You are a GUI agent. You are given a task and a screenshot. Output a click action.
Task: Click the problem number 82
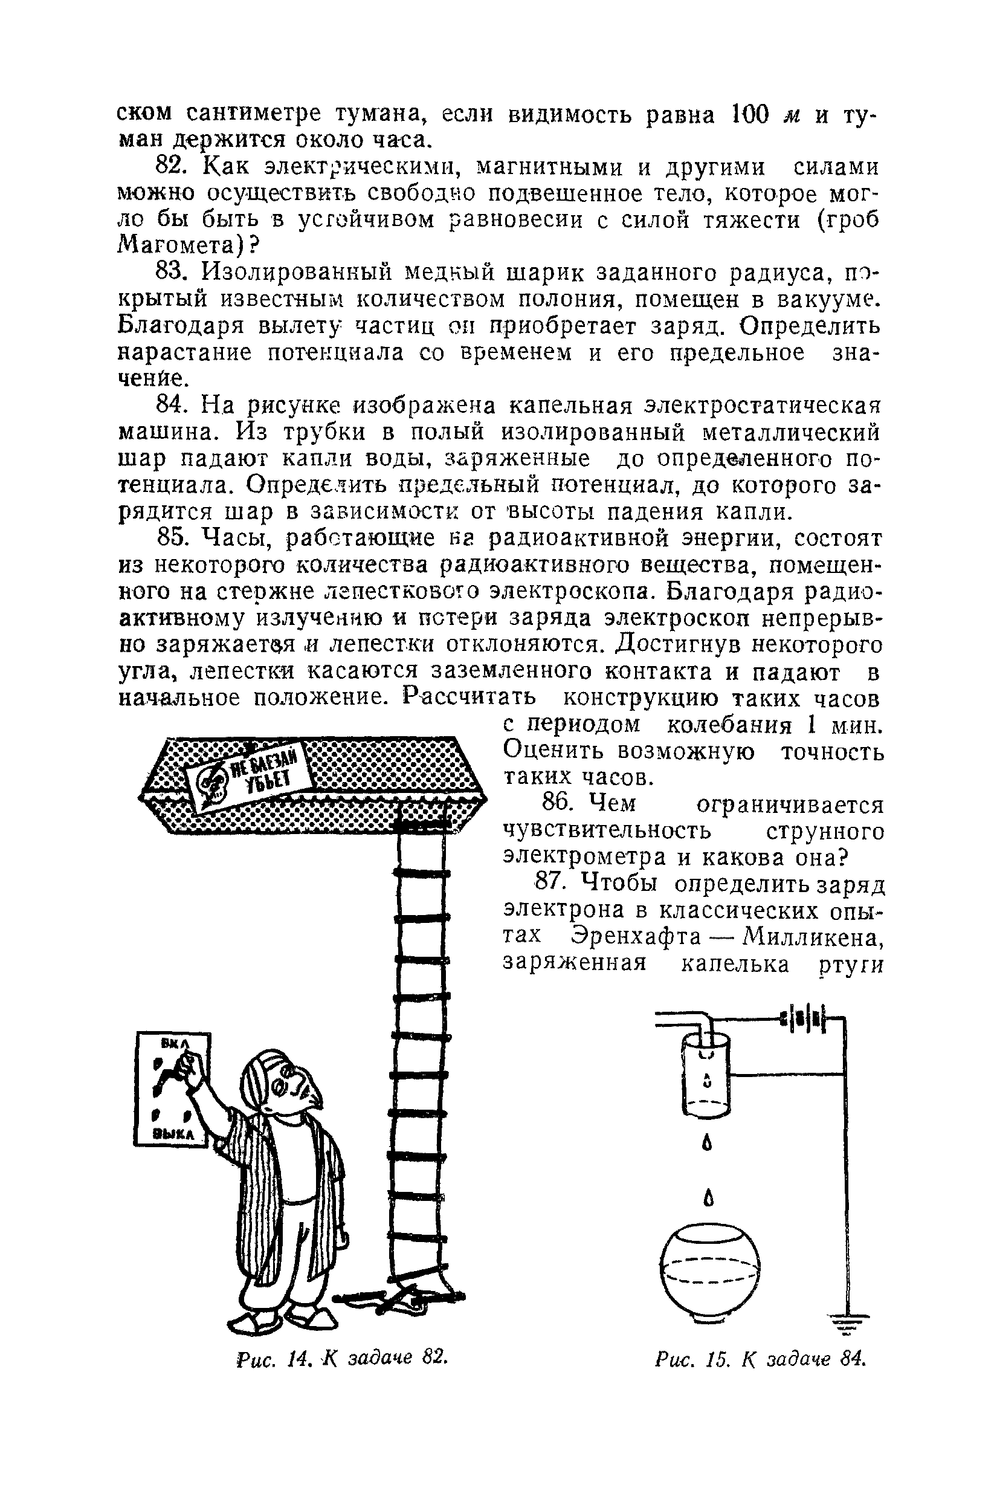click(x=170, y=167)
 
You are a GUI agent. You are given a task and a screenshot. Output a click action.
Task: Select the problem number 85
click(x=170, y=539)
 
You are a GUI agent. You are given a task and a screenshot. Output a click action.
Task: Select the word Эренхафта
click(x=636, y=937)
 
